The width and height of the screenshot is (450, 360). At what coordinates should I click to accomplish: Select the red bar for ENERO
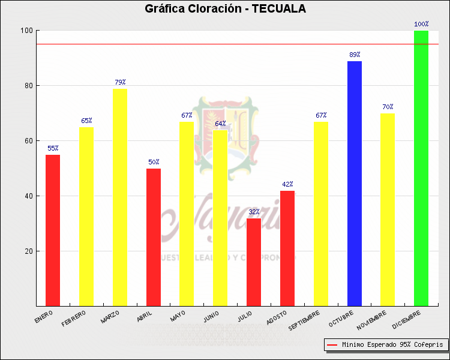pyautogui.click(x=53, y=230)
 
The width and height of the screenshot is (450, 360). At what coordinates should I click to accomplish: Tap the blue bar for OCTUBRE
pyautogui.click(x=355, y=184)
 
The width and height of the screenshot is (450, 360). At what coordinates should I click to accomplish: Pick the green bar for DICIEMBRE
pyautogui.click(x=421, y=168)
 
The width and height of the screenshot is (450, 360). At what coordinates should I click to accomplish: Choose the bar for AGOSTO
pyautogui.click(x=287, y=248)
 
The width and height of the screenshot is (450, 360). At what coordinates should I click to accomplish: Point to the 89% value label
pyautogui.click(x=355, y=55)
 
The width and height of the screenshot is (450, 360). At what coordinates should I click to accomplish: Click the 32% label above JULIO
pyautogui.click(x=254, y=212)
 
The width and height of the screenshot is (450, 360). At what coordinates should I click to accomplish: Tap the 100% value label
pyautogui.click(x=421, y=25)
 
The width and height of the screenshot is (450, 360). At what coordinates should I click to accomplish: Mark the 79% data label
pyautogui.click(x=120, y=82)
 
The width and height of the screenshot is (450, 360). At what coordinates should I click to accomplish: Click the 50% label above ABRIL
pyautogui.click(x=154, y=162)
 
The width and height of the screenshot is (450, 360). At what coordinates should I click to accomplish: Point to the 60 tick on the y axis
pyautogui.click(x=28, y=141)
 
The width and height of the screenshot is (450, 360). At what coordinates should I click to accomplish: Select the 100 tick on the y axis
pyautogui.click(x=26, y=31)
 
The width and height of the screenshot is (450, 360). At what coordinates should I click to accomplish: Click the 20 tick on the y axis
pyautogui.click(x=28, y=251)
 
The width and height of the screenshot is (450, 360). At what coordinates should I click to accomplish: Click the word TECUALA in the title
pyautogui.click(x=278, y=9)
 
